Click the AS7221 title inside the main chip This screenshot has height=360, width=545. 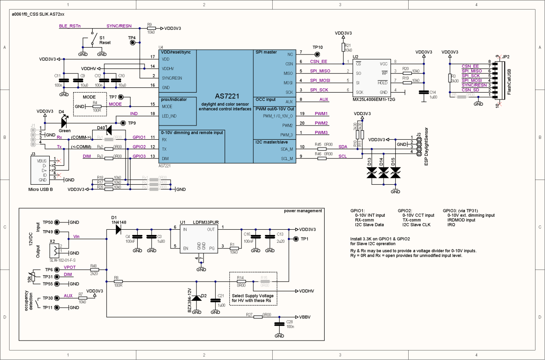(x=225, y=96)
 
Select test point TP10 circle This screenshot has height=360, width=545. (x=317, y=54)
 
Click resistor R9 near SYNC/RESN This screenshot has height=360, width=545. (x=151, y=28)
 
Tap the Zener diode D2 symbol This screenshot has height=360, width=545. (x=197, y=298)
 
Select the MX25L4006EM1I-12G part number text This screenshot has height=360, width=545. (x=373, y=99)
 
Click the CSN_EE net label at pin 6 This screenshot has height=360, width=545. (x=319, y=61)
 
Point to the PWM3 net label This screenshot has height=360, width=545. (x=321, y=132)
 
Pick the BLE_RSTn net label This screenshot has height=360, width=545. (x=70, y=26)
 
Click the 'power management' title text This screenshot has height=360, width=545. (x=303, y=211)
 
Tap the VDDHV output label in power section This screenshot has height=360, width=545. (x=306, y=291)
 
